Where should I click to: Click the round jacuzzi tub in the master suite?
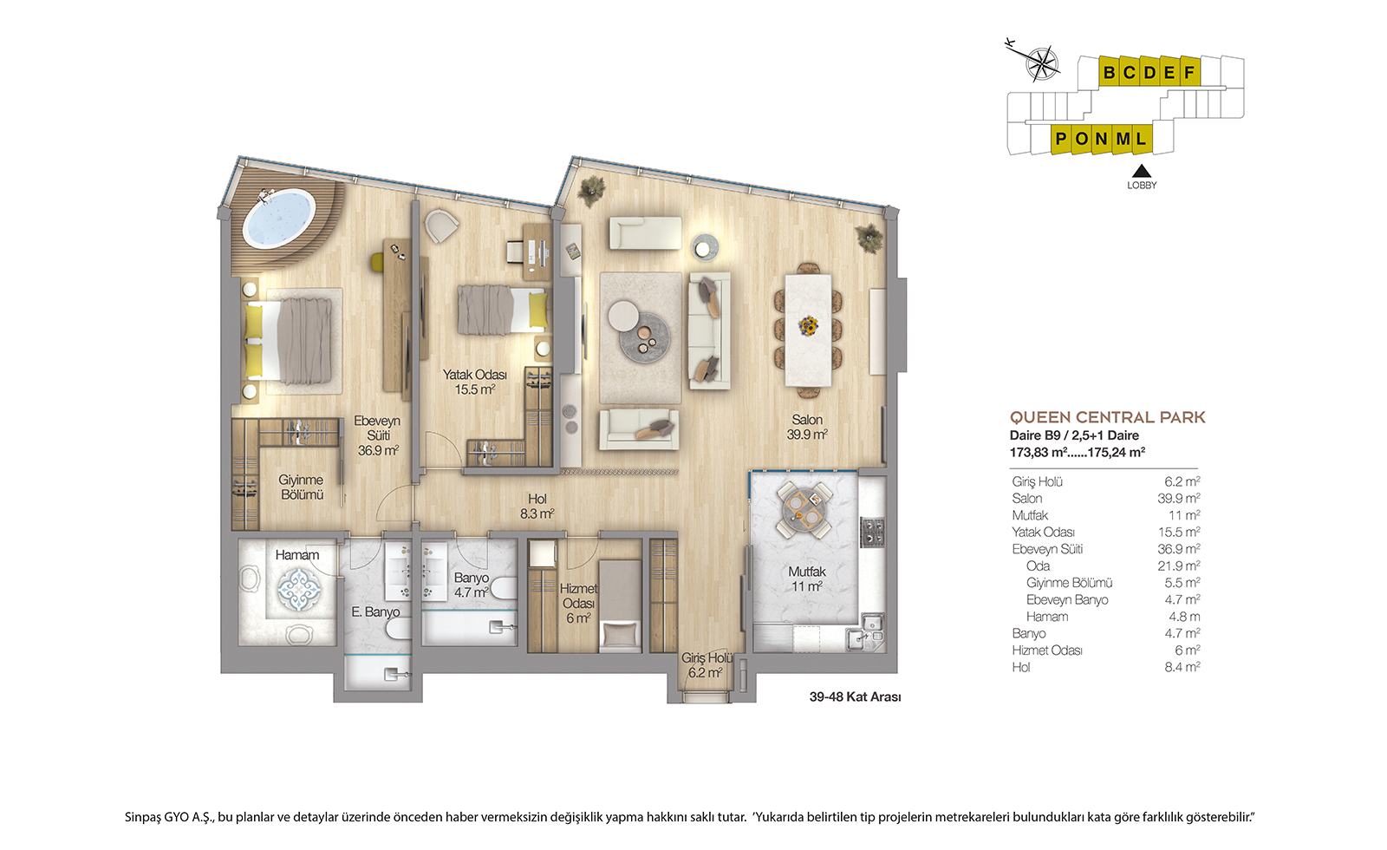[x=278, y=218]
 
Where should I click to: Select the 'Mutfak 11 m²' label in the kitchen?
[x=806, y=579]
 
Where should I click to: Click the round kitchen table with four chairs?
[x=804, y=510]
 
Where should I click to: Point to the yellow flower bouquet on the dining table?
[x=807, y=324]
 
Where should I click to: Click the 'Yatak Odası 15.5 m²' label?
[x=474, y=382]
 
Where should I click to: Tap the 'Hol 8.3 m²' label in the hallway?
[x=537, y=507]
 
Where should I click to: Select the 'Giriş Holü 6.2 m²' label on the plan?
[x=707, y=665]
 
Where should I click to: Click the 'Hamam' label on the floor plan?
[x=297, y=555]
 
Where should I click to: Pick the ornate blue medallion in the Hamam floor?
[x=299, y=589]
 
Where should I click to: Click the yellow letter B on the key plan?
[x=1109, y=73]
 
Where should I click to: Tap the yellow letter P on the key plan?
[x=1061, y=139]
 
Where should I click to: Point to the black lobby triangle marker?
[x=1141, y=171]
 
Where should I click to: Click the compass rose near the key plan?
[x=1042, y=64]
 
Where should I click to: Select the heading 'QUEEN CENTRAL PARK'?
[x=1108, y=417]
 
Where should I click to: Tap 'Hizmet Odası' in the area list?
[x=1047, y=651]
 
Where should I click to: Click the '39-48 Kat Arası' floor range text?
[x=855, y=697]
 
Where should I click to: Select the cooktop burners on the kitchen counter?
[x=873, y=532]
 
